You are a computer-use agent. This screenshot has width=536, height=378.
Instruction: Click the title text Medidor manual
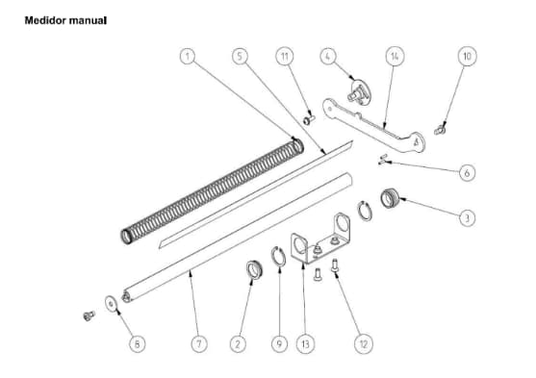[x=64, y=19]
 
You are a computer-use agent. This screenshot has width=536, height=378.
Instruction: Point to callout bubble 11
[x=284, y=57]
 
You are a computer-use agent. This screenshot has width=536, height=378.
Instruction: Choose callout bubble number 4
[x=329, y=57]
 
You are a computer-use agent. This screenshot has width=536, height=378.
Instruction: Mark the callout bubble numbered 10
[x=467, y=57]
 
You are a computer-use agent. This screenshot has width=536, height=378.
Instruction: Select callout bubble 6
[x=467, y=173]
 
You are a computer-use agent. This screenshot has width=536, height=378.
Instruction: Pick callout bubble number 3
[x=467, y=218]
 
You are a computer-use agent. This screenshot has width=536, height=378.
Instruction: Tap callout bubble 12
[x=365, y=342]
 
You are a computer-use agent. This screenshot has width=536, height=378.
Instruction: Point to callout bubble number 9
[x=280, y=342]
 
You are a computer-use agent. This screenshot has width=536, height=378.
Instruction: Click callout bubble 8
[x=139, y=342]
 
